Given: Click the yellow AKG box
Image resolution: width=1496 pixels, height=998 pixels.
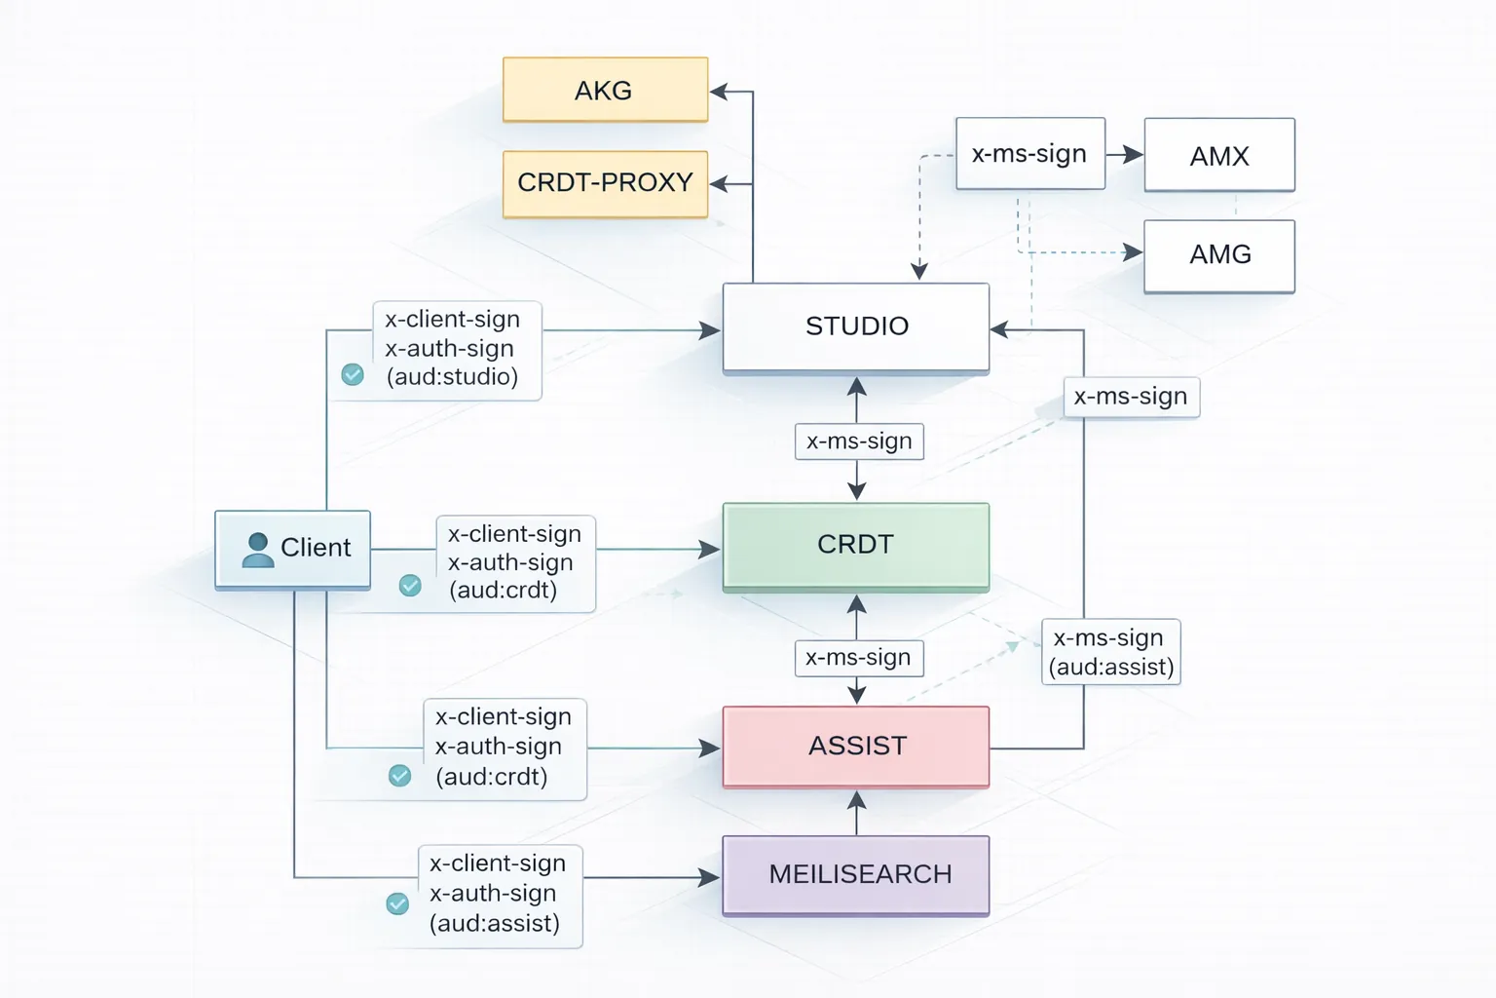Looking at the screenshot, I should click(605, 90).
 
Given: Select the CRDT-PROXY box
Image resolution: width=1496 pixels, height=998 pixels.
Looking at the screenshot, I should click(605, 183).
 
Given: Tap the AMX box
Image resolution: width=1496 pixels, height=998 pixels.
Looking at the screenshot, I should click(1218, 155).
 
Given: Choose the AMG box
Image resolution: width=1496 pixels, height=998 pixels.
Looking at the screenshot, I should click(1218, 255).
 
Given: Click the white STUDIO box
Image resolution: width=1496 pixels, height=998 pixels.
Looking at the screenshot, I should click(855, 326).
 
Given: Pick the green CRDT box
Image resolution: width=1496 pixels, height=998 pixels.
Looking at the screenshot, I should click(855, 546).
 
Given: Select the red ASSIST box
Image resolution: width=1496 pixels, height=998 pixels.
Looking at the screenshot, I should click(855, 747).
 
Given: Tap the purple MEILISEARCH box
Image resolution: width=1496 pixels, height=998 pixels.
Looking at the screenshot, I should click(855, 874).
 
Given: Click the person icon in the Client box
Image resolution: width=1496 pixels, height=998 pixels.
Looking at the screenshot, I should click(257, 550).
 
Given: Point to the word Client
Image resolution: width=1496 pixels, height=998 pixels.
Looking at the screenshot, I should click(316, 548).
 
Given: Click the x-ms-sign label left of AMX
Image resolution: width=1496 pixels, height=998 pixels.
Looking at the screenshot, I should click(1029, 154).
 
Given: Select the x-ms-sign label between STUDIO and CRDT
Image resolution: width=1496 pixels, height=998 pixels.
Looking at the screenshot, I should click(858, 441).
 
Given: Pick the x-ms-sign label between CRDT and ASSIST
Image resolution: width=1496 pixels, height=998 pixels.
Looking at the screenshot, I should click(858, 658).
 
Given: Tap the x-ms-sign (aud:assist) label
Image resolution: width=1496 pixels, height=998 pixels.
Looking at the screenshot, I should click(1110, 652).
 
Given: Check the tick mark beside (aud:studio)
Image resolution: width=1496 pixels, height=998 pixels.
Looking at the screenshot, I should click(353, 374).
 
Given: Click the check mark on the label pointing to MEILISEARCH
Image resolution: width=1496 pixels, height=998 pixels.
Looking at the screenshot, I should click(397, 903).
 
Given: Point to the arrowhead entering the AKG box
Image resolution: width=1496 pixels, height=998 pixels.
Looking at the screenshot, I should click(719, 92).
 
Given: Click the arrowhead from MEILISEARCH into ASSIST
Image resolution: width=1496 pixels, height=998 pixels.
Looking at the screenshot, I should click(856, 800).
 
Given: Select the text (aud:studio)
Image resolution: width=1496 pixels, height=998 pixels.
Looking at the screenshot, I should click(452, 377).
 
